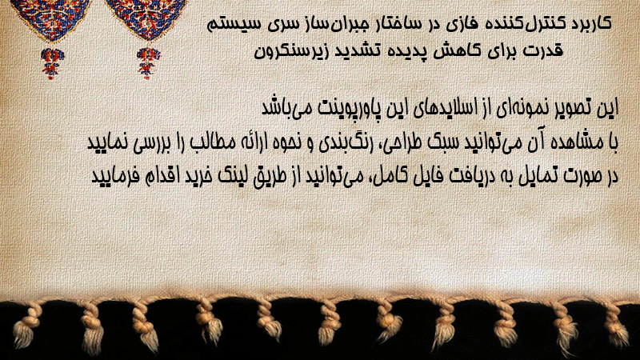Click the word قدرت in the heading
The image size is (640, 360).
[x=544, y=50]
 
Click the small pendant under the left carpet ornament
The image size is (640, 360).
[x=51, y=63]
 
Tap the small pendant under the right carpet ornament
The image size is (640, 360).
[x=148, y=63]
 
